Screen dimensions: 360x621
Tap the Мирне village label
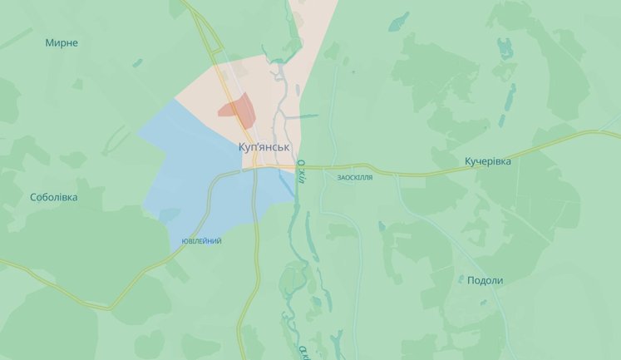(62, 42)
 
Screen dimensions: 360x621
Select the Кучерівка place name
(488, 160)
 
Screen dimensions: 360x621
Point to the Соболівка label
(53, 197)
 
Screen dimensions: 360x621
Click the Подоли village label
(485, 280)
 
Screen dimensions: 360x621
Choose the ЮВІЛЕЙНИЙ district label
(201, 241)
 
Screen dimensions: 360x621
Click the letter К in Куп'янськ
(242, 146)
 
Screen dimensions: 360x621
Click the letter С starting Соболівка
(33, 197)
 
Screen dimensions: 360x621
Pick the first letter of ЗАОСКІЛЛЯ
(340, 178)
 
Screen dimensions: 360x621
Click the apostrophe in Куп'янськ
(261, 144)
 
